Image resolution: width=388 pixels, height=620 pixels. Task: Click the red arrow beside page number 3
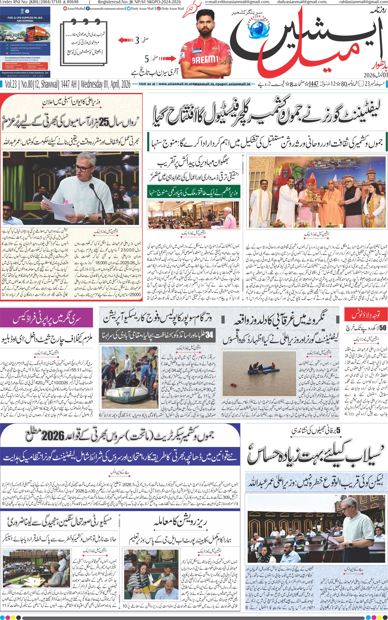[126, 40]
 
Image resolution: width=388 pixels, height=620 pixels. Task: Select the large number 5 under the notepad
[147, 59]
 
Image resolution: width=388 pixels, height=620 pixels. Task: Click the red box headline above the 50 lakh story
[365, 315]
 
